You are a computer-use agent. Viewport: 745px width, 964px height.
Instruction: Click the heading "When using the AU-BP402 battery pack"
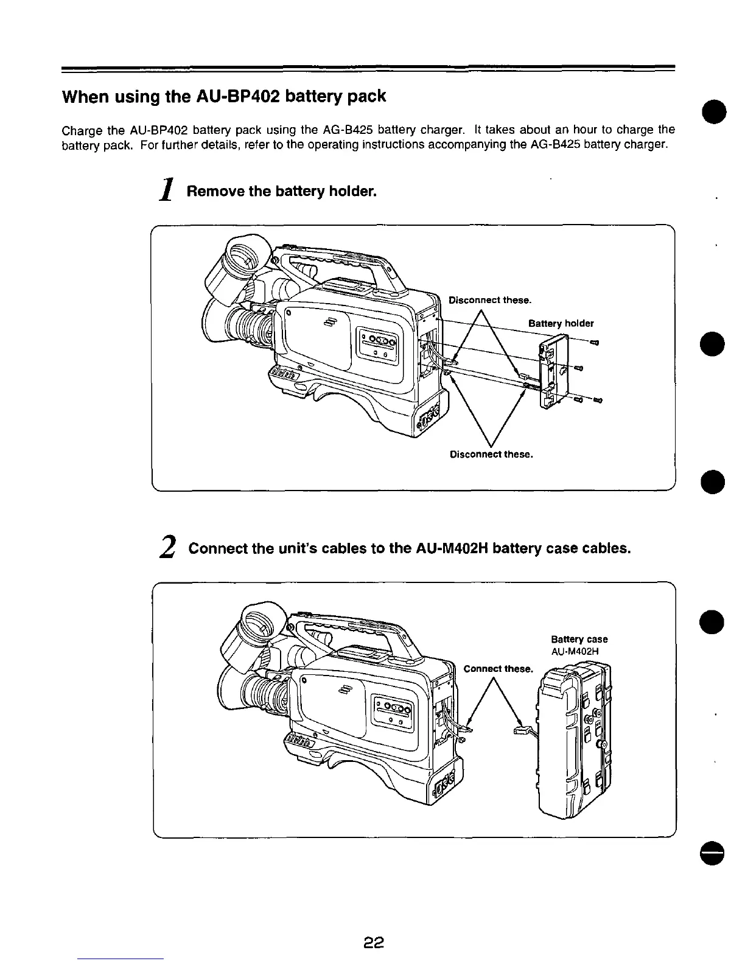point(224,96)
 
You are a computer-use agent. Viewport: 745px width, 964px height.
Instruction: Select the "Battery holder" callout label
point(561,323)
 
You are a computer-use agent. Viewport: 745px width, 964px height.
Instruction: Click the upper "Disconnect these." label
point(490,300)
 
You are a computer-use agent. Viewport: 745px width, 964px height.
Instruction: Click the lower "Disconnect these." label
point(491,455)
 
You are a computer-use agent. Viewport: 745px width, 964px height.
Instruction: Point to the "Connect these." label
point(498,669)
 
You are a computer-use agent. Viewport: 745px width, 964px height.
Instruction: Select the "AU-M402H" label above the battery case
point(575,651)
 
